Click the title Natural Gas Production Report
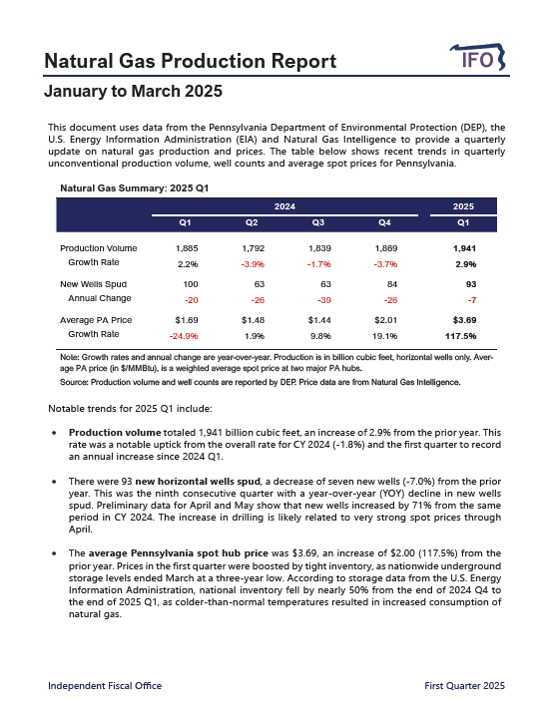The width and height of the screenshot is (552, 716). point(190,61)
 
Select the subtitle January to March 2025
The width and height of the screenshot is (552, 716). point(133,92)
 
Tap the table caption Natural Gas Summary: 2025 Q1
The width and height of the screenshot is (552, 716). point(134,187)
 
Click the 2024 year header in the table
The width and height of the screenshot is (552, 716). point(284,204)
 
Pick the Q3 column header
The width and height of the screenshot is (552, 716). point(318,222)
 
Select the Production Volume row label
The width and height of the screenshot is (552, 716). point(98,247)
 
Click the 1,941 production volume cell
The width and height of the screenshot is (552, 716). point(463,247)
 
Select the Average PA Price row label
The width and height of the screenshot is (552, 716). point(96,320)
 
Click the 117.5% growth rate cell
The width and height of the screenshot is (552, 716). point(463,336)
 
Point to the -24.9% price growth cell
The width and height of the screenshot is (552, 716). point(184,336)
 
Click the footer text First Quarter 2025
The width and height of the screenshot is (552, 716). point(464,687)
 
